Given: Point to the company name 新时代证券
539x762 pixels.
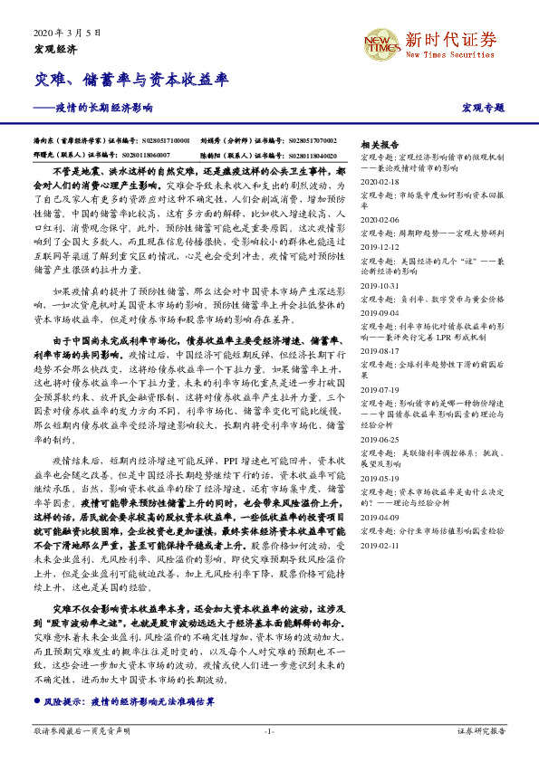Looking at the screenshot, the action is click(x=450, y=39).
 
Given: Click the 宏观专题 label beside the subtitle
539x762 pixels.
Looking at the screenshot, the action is click(x=483, y=108).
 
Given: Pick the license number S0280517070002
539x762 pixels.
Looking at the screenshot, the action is click(x=300, y=142).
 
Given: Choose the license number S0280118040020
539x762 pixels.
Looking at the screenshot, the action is click(x=300, y=156).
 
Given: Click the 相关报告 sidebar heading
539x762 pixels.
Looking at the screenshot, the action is click(x=380, y=144).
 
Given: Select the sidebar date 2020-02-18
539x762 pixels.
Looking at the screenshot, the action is click(x=380, y=181).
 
